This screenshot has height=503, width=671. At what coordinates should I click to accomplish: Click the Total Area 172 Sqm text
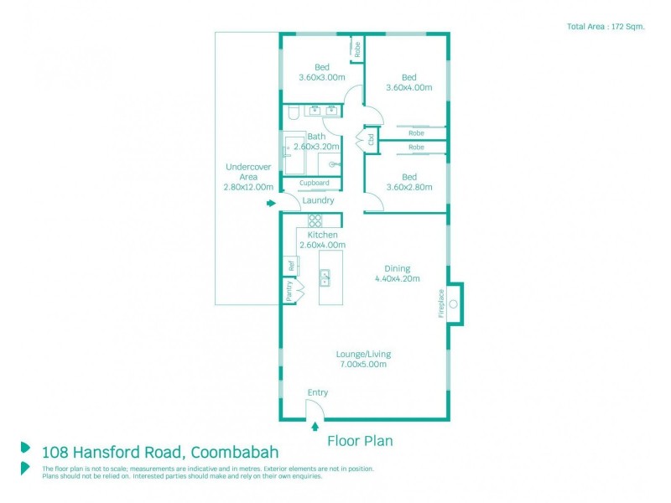[x=606, y=27]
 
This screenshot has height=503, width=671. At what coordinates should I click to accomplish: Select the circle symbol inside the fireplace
[x=453, y=303]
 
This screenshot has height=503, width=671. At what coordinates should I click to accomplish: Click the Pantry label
[x=289, y=292]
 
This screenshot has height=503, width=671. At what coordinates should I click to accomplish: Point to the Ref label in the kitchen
[x=291, y=267]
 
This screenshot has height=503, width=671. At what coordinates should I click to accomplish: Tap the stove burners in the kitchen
[x=315, y=221]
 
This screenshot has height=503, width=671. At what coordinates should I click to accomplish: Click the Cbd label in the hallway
[x=370, y=139]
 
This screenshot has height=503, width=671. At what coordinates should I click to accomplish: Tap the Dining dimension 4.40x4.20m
[x=397, y=279]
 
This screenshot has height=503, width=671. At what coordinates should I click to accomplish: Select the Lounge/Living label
[x=363, y=354]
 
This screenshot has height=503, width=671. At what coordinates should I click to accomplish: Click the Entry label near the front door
[x=318, y=392]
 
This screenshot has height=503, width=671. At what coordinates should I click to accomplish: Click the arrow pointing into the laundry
[x=270, y=203]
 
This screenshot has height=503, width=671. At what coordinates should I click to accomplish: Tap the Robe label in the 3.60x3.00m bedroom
[x=356, y=49]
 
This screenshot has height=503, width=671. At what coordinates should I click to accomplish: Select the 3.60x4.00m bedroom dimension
[x=408, y=87]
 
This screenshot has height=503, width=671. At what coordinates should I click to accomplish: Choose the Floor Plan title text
[x=360, y=440]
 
